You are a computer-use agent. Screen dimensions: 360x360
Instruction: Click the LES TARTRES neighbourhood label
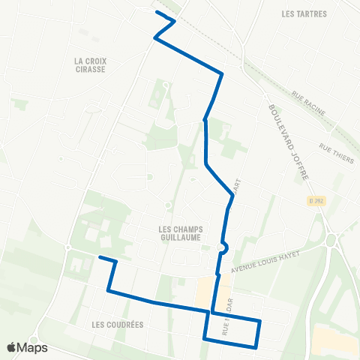coord(302,13)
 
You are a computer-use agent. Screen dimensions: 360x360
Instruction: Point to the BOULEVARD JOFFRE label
coord(291,142)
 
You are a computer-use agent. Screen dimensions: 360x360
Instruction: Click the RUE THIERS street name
coord(335,151)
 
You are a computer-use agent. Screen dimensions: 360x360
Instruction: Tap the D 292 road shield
coord(316,201)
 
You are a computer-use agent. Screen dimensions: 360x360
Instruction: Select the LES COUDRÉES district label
coord(117,325)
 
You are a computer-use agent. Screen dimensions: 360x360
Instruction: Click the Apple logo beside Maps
coord(11,347)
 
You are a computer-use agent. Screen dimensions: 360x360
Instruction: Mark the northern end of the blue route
coord(156,12)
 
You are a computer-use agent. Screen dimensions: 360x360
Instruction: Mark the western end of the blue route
coord(100,257)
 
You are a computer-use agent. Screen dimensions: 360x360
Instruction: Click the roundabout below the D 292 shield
coord(331,240)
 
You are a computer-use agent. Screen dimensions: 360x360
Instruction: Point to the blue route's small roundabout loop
coord(223,247)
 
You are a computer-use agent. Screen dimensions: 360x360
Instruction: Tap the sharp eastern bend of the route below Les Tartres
coord(223,73)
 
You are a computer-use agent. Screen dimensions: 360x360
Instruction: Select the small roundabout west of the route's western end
coord(67,248)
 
